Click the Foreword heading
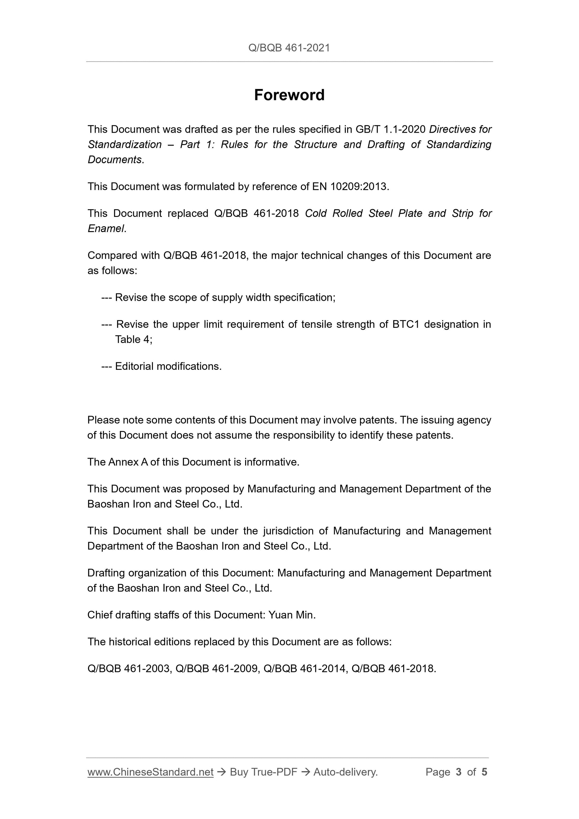click(289, 95)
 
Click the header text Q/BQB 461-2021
click(289, 48)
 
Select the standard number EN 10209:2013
click(349, 187)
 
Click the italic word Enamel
click(106, 229)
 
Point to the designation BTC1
click(405, 324)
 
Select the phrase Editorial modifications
click(168, 366)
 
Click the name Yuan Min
click(292, 615)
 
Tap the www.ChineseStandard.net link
click(150, 772)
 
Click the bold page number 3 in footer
click(458, 772)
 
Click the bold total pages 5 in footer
click(484, 772)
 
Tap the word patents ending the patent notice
click(434, 435)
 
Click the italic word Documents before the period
click(115, 160)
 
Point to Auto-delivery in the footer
click(345, 772)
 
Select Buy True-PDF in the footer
click(263, 772)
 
